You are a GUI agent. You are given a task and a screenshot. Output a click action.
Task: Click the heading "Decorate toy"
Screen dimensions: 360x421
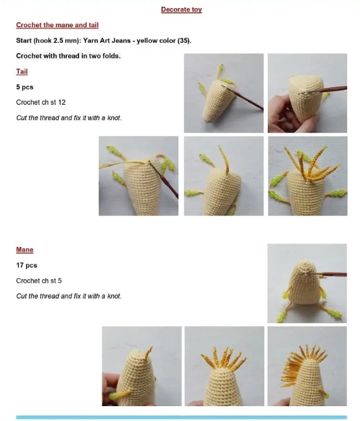[x=181, y=10]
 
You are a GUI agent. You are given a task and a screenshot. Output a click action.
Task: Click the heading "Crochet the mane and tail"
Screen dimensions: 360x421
[x=58, y=25]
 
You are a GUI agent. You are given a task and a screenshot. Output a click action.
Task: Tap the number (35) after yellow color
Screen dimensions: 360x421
[x=184, y=40]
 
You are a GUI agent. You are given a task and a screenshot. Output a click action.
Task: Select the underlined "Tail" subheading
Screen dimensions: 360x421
[x=22, y=71]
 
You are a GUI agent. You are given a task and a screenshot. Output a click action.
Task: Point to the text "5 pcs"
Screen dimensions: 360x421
[x=25, y=87]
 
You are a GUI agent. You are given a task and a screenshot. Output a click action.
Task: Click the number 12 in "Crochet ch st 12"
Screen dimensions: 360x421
[x=62, y=102]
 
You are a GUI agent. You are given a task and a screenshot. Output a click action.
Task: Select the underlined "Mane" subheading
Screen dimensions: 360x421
[x=25, y=250]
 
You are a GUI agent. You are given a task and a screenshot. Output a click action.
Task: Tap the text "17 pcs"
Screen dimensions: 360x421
[x=27, y=265]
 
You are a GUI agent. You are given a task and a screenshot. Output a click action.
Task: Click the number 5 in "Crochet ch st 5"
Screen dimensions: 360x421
[x=59, y=281]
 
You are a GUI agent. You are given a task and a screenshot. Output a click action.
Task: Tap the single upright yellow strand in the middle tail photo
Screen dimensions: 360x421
[x=224, y=160]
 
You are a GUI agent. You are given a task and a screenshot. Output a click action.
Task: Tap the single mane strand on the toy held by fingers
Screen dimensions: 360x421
[x=148, y=354]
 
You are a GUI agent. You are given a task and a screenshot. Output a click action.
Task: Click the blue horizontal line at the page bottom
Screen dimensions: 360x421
[x=181, y=417]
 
